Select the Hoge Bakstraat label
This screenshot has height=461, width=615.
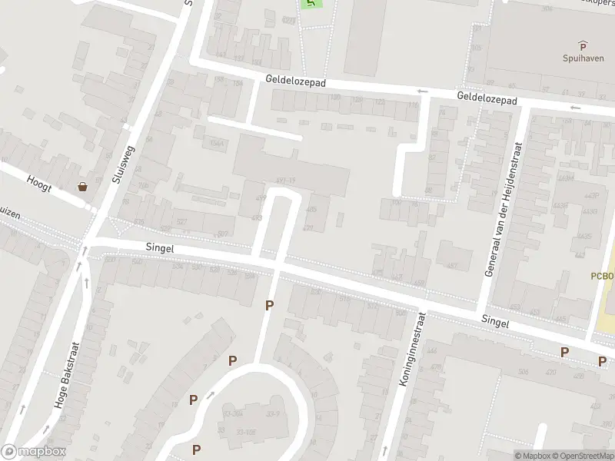68,375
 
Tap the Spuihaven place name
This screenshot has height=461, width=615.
582,58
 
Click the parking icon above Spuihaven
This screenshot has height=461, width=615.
582,45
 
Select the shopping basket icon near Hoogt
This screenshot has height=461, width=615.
82,186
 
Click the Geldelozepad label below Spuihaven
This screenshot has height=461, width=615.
487,98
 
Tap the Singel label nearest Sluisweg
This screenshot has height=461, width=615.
160,248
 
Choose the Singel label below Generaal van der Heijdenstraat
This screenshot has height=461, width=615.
495,323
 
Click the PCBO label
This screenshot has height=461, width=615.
603,276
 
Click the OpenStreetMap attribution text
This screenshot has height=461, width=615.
582,456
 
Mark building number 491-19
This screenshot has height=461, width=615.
284,181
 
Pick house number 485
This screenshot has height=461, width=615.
311,210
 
